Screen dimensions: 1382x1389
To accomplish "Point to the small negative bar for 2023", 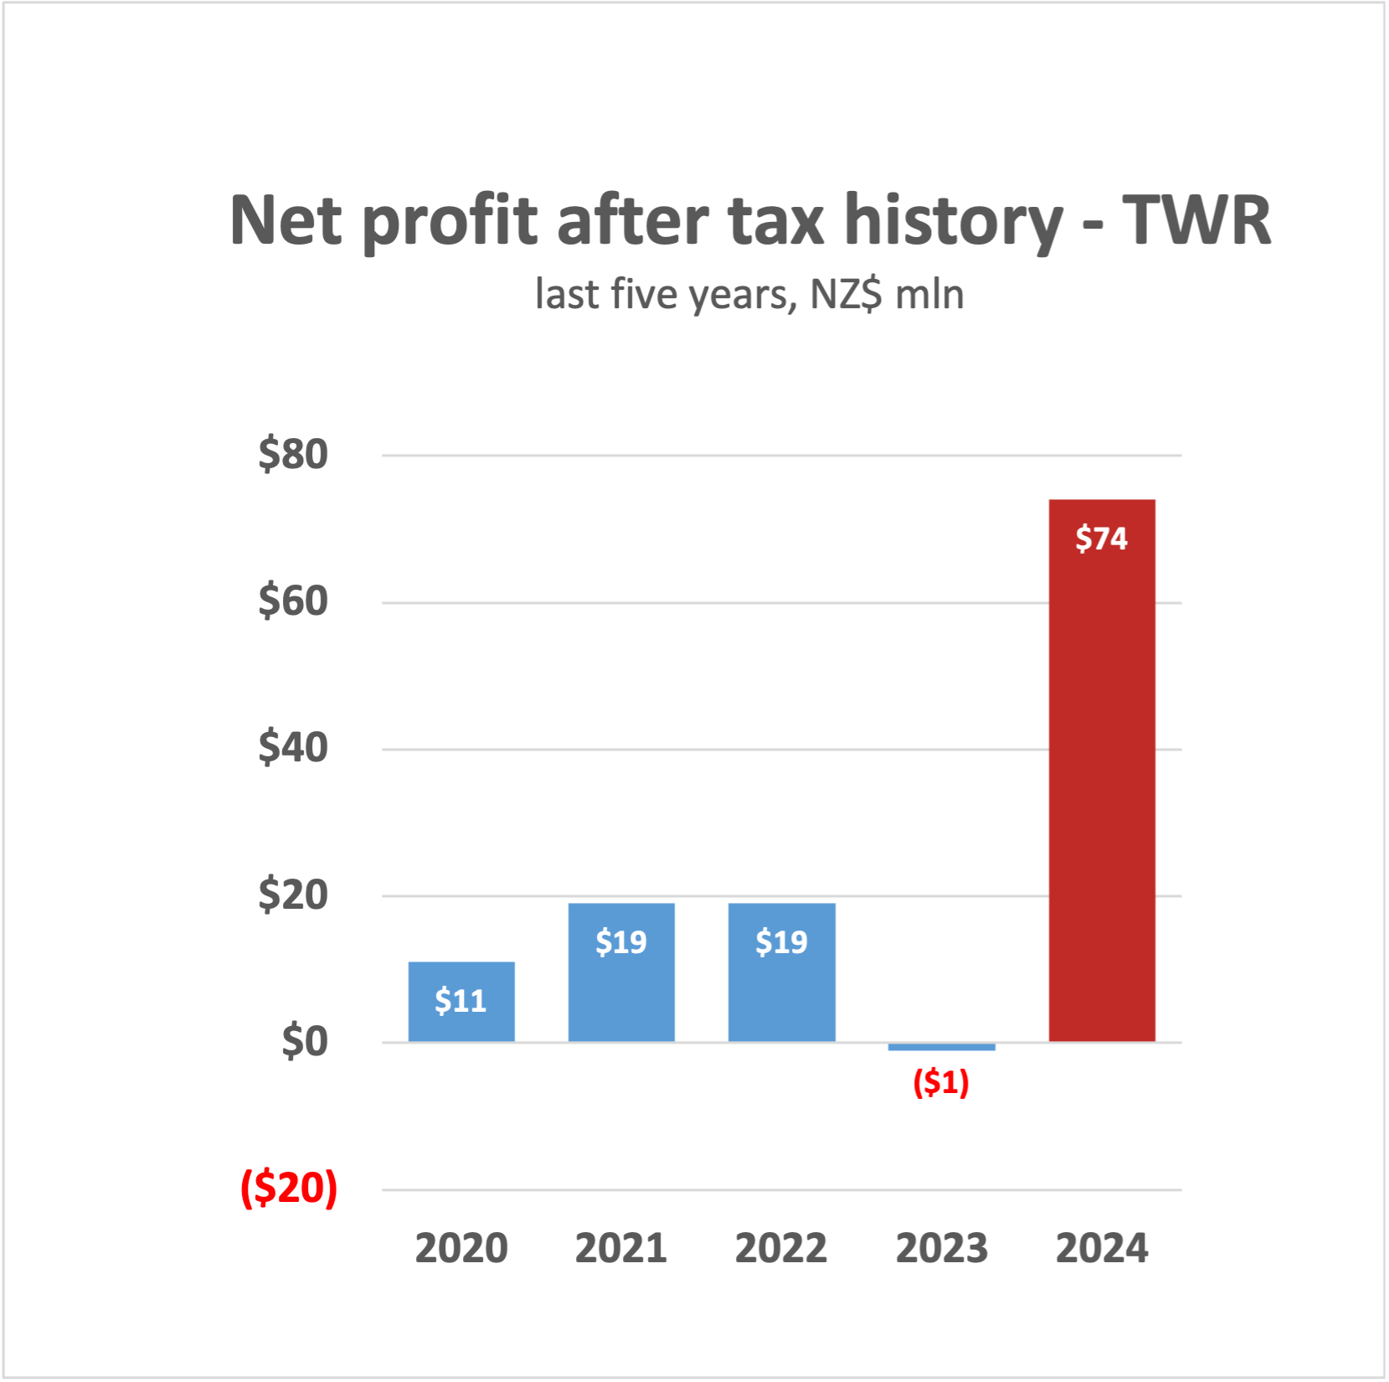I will coord(941,1047).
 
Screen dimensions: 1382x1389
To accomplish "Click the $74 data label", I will coord(1102,538).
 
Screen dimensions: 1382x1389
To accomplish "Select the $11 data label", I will coord(460,1001).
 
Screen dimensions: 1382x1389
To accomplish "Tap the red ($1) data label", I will coord(941,1082).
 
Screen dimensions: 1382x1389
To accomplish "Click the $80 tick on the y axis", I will coord(293,454).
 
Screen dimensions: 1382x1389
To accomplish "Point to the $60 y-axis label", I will coord(293,601).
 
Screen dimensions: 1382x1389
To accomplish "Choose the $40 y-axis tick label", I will coord(293,747).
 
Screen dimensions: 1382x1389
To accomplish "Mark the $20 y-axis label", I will coord(293,895).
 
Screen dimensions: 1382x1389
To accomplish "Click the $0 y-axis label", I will coord(305,1042).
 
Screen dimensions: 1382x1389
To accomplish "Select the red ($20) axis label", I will coord(289,1188).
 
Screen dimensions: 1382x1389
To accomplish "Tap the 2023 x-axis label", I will coord(941,1248).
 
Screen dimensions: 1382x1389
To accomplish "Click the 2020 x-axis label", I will coord(461,1248).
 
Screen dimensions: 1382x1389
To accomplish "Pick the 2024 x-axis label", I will coord(1102,1248).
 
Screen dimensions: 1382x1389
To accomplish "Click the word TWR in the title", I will coord(1196,220).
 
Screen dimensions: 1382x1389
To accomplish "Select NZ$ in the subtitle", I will coord(846,294).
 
